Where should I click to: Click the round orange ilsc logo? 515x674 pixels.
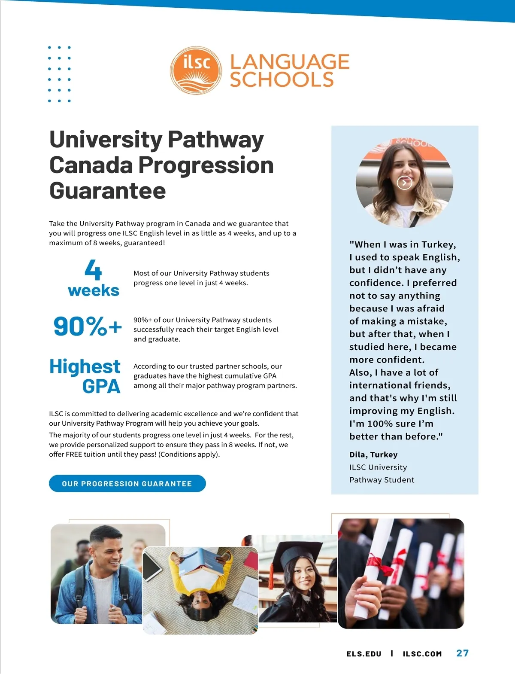tap(196, 70)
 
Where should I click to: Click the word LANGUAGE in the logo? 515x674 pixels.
tap(290, 62)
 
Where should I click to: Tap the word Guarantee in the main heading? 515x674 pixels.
tap(107, 191)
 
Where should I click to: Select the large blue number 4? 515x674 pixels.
tap(93, 270)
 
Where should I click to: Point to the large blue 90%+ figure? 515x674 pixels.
tap(88, 326)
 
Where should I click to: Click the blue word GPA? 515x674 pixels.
tap(101, 386)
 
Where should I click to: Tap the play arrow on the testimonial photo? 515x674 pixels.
tap(404, 183)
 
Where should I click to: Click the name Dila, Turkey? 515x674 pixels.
tap(373, 454)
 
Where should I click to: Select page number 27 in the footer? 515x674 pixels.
tap(462, 653)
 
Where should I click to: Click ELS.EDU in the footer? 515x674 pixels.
tap(364, 654)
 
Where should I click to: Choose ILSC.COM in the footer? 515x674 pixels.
tap(422, 654)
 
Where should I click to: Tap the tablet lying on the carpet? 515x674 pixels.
tap(152, 565)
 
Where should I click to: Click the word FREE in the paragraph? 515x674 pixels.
tap(74, 454)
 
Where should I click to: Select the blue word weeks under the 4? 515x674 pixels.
tap(94, 290)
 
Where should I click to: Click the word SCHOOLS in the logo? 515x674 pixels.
tap(282, 80)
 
